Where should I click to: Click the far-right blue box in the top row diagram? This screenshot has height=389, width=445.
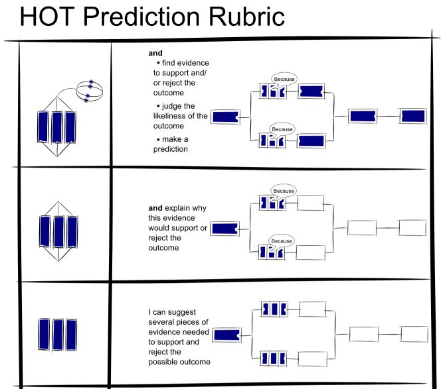pyautogui.click(x=413, y=116)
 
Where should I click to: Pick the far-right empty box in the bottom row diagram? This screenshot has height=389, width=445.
pyautogui.click(x=414, y=333)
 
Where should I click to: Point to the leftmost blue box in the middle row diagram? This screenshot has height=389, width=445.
pyautogui.click(x=226, y=229)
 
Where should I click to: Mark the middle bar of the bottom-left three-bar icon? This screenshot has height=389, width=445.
pyautogui.click(x=56, y=332)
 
